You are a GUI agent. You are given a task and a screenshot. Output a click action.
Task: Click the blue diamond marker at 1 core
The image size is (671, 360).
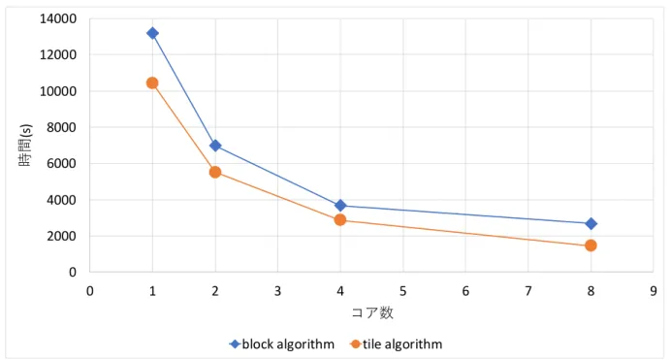point(152,33)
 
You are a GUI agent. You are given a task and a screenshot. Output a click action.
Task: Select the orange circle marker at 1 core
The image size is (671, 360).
point(152,83)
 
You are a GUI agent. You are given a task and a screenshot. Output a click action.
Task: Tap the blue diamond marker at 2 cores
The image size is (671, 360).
point(215,146)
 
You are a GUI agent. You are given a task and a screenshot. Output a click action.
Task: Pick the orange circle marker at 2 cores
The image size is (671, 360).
point(215,173)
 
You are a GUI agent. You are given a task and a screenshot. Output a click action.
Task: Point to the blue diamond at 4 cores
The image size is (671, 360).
point(340,206)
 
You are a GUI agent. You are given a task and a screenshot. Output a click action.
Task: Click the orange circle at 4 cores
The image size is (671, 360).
point(340,220)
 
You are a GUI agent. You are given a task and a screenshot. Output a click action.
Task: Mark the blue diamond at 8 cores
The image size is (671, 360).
point(591,224)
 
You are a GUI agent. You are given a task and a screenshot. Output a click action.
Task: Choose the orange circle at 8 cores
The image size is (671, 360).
point(591,245)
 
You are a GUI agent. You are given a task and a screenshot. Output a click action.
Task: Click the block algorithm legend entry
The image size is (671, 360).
point(282,344)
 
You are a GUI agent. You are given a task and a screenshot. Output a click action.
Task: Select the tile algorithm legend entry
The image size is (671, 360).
point(397,344)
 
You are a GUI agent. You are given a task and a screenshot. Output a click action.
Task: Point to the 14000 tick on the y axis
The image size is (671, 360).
point(58,18)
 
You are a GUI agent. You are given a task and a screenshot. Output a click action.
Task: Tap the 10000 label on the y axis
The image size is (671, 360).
point(58,91)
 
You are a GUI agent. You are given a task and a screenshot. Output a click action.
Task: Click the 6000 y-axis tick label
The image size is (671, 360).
point(62,164)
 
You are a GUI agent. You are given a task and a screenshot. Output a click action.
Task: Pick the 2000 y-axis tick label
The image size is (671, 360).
point(62,236)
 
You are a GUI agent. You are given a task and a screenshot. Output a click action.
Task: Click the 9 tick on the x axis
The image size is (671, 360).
point(653,291)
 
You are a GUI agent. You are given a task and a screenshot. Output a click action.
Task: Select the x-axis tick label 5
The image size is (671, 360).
point(402,291)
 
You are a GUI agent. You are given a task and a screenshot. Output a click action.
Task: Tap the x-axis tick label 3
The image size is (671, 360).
point(277,291)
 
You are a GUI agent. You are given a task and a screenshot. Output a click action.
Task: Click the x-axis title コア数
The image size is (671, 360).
point(372,312)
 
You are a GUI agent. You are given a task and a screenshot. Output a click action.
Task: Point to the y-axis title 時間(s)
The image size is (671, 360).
point(25,146)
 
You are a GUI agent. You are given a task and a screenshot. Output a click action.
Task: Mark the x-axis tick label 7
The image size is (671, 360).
point(528,291)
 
